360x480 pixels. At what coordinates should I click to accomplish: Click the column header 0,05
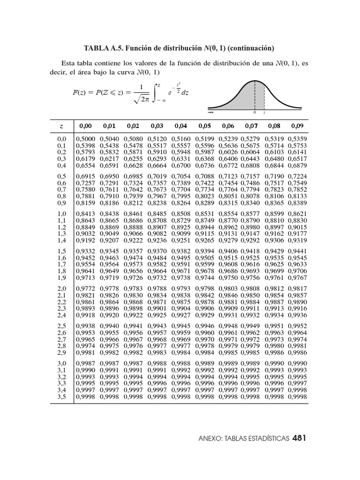click(x=204, y=126)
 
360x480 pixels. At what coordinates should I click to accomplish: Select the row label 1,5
click(x=61, y=251)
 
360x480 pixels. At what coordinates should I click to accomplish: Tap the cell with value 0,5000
click(x=85, y=139)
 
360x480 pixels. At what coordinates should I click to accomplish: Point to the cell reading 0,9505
click(x=204, y=257)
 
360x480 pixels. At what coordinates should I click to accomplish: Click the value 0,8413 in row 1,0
click(x=85, y=214)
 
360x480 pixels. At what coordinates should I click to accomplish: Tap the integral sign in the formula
click(x=155, y=92)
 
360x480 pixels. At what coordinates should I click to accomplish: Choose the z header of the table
click(x=61, y=126)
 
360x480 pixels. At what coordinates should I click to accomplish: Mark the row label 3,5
click(x=61, y=397)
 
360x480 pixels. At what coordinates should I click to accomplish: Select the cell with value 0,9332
click(x=85, y=251)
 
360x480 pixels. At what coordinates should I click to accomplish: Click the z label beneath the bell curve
click(x=264, y=113)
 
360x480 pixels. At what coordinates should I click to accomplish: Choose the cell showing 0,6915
click(x=85, y=176)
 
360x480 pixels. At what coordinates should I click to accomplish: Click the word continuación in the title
click(x=250, y=48)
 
